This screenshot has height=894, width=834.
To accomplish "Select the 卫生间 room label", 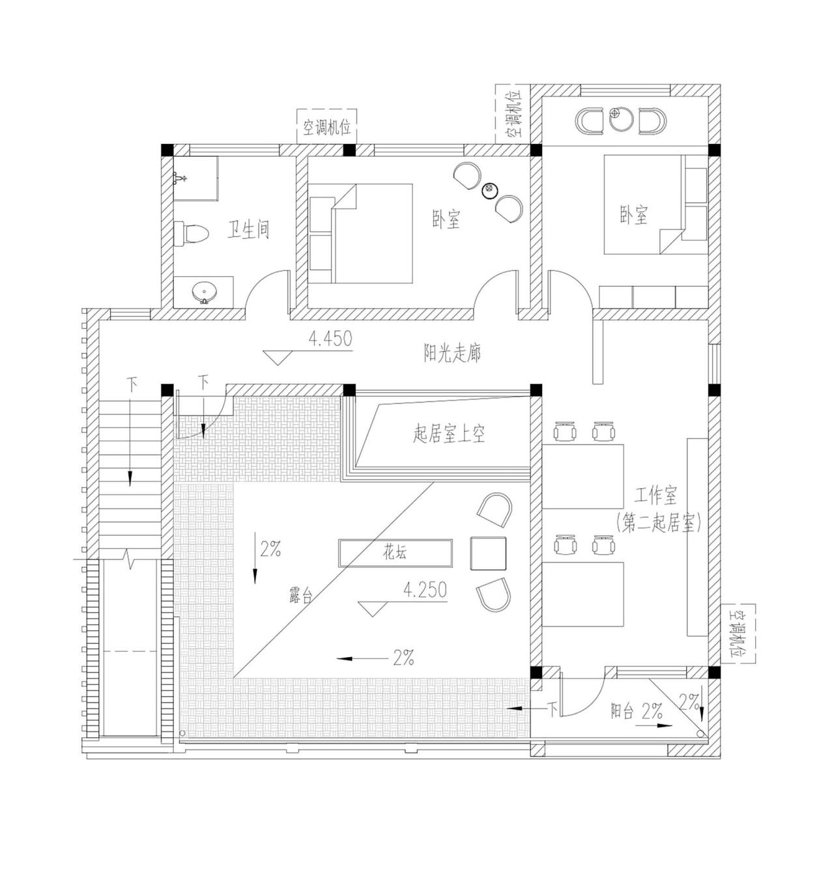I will coord(248,230).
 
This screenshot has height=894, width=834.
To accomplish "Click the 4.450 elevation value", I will coord(330,339).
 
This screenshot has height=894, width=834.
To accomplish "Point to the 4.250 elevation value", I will coord(425,590).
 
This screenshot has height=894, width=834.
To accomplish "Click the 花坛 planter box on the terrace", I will coord(395,553).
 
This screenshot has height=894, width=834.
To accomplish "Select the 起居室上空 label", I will coord(449,434).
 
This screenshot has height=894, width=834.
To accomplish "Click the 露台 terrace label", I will coord(300,594).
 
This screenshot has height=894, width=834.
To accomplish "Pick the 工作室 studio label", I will coord(655,496).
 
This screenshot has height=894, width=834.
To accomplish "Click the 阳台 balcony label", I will coord(622,711).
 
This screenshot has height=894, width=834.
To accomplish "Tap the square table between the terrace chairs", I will coord(488,553).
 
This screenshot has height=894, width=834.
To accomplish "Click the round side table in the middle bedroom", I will coord(489,190).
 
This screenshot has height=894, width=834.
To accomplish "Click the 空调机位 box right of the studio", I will coord(739,634).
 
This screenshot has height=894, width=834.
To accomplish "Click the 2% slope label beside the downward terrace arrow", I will coord(270,550).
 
